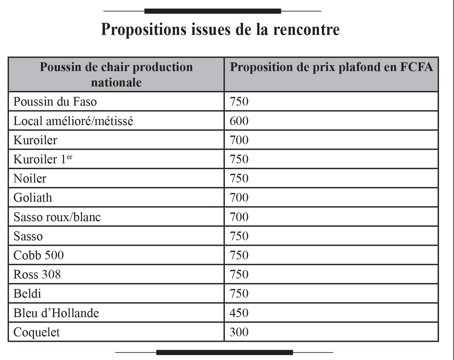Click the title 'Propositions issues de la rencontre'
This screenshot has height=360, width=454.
click(220, 30)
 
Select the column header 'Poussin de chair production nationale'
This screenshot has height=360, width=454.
click(116, 74)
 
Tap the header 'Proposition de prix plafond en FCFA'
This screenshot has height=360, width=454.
click(331, 67)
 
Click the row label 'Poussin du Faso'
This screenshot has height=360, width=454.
click(55, 102)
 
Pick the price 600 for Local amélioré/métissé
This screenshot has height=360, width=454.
click(239, 121)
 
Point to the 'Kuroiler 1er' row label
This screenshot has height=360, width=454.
click(43, 159)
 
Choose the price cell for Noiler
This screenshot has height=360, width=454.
click(239, 178)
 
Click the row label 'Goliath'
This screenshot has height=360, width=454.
click(33, 198)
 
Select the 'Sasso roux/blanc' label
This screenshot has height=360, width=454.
click(57, 217)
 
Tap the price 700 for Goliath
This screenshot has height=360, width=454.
click(239, 198)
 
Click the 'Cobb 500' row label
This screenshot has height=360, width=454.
click(39, 255)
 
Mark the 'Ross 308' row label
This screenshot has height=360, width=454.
click(37, 274)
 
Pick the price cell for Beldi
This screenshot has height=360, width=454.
click(239, 294)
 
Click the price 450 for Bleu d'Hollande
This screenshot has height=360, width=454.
click(239, 313)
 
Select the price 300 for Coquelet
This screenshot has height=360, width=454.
click(239, 332)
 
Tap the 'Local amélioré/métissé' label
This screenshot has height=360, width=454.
click(73, 121)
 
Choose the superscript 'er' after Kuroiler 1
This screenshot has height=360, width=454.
click(69, 157)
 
